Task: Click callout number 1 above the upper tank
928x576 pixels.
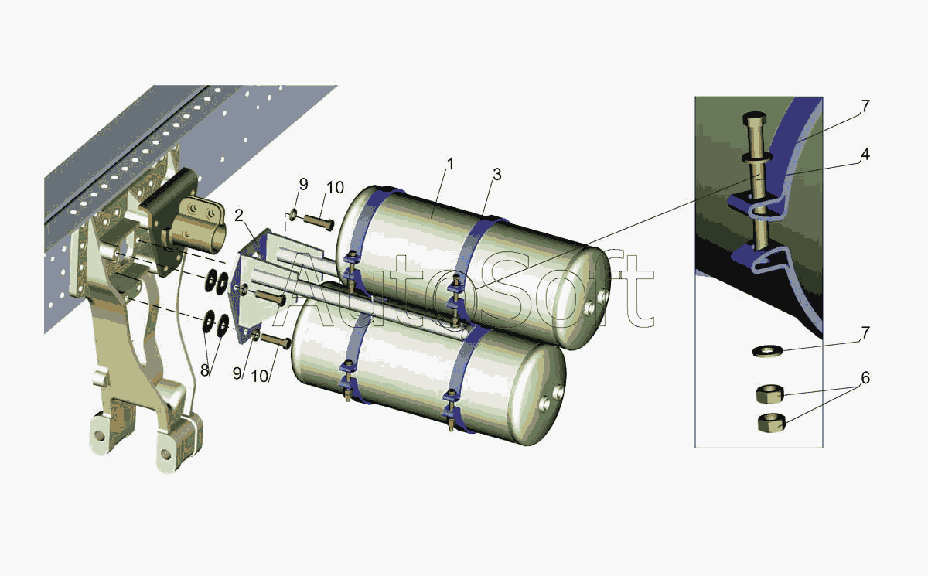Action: tap(451, 164)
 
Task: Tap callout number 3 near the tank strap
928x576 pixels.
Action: tap(497, 174)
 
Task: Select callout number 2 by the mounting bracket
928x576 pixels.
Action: tap(239, 216)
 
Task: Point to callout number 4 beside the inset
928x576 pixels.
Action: tap(865, 154)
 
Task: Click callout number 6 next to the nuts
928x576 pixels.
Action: tap(865, 377)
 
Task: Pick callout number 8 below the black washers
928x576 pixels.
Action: tap(205, 370)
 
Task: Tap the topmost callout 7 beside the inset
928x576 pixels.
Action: tap(865, 106)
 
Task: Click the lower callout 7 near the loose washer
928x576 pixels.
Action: tap(865, 332)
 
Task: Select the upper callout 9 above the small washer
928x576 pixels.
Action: tap(304, 185)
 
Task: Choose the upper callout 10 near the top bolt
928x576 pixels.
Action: tap(335, 188)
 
